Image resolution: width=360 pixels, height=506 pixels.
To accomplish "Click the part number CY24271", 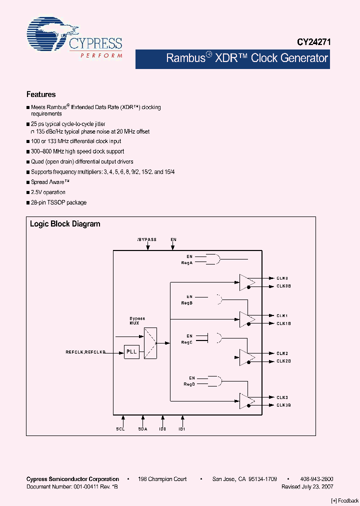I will tap(311, 43).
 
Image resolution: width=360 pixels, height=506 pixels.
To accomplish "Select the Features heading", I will tap(41, 94).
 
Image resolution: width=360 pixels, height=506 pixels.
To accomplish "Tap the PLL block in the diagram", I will tap(131, 352).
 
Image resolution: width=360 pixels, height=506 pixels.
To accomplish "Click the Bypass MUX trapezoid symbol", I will tap(150, 343).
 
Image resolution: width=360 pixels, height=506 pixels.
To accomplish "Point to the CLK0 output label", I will tap(282, 278).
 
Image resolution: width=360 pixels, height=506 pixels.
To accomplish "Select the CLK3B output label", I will tap(283, 405).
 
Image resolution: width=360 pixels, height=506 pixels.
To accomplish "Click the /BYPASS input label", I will tap(147, 239).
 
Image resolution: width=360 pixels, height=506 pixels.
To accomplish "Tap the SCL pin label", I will tap(120, 428).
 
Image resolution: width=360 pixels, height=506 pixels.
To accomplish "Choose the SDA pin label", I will tap(143, 428).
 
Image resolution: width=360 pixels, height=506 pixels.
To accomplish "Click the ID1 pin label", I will tap(182, 428).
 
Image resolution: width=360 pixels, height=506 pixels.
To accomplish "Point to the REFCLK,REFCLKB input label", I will tap(85, 352).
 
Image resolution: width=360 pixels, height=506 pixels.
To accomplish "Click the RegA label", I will tap(187, 262).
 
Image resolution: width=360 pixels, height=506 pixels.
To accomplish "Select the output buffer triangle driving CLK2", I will tap(246, 357).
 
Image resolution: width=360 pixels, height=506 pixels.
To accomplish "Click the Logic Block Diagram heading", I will tap(65, 224).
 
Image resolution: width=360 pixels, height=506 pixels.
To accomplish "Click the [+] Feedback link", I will tap(345, 500).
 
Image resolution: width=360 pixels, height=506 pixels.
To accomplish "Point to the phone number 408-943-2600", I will tap(317, 479).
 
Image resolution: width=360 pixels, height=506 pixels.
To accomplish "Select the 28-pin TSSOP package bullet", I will tap(58, 202).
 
